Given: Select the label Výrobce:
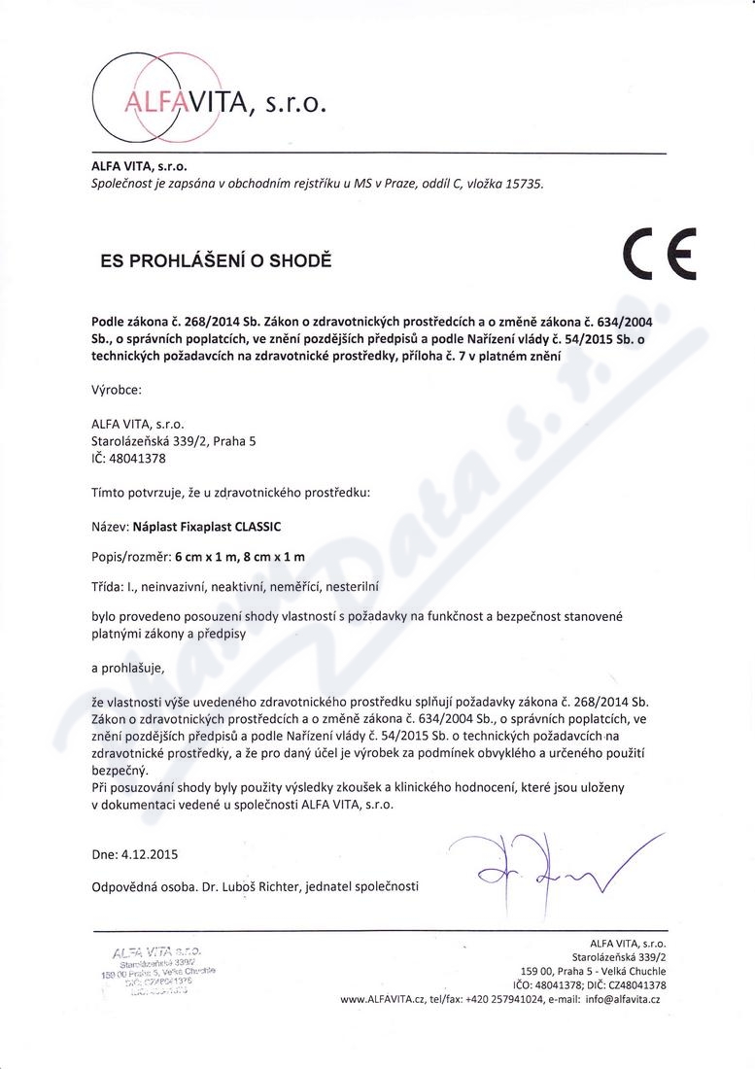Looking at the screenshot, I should pyautogui.click(x=116, y=390).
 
